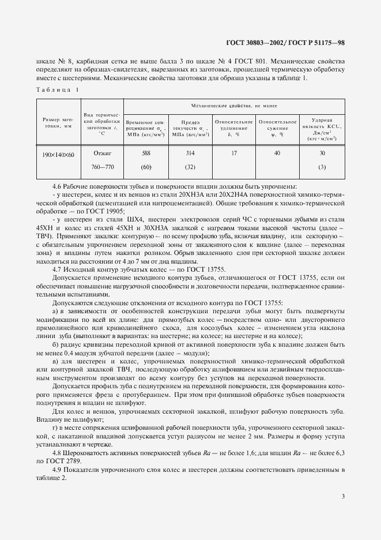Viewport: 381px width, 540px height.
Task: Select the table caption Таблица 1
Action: (58, 89)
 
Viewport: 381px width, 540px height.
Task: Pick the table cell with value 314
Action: (189, 153)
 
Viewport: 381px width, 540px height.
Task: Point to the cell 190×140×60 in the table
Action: (58, 154)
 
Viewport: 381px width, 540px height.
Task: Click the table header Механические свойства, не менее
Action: (234, 106)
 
